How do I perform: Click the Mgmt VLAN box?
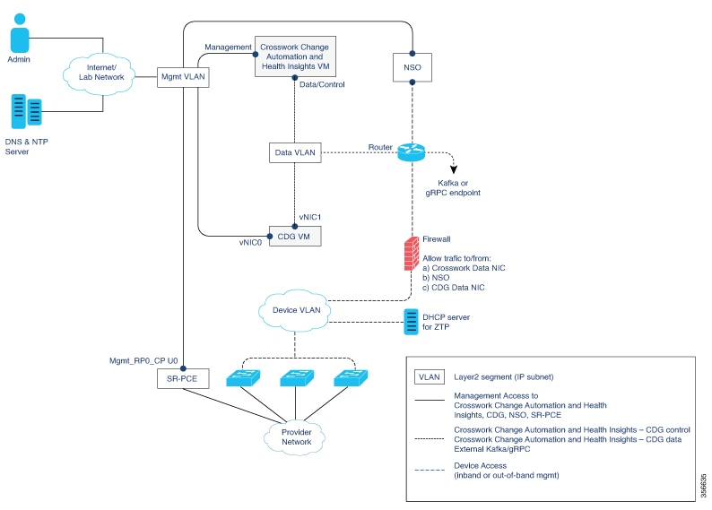[182, 77]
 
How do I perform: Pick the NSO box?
[412, 65]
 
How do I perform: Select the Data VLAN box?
[295, 153]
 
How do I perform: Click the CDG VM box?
[295, 237]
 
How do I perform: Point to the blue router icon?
[412, 153]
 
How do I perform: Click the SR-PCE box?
[182, 379]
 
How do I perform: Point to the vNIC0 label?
[251, 242]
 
